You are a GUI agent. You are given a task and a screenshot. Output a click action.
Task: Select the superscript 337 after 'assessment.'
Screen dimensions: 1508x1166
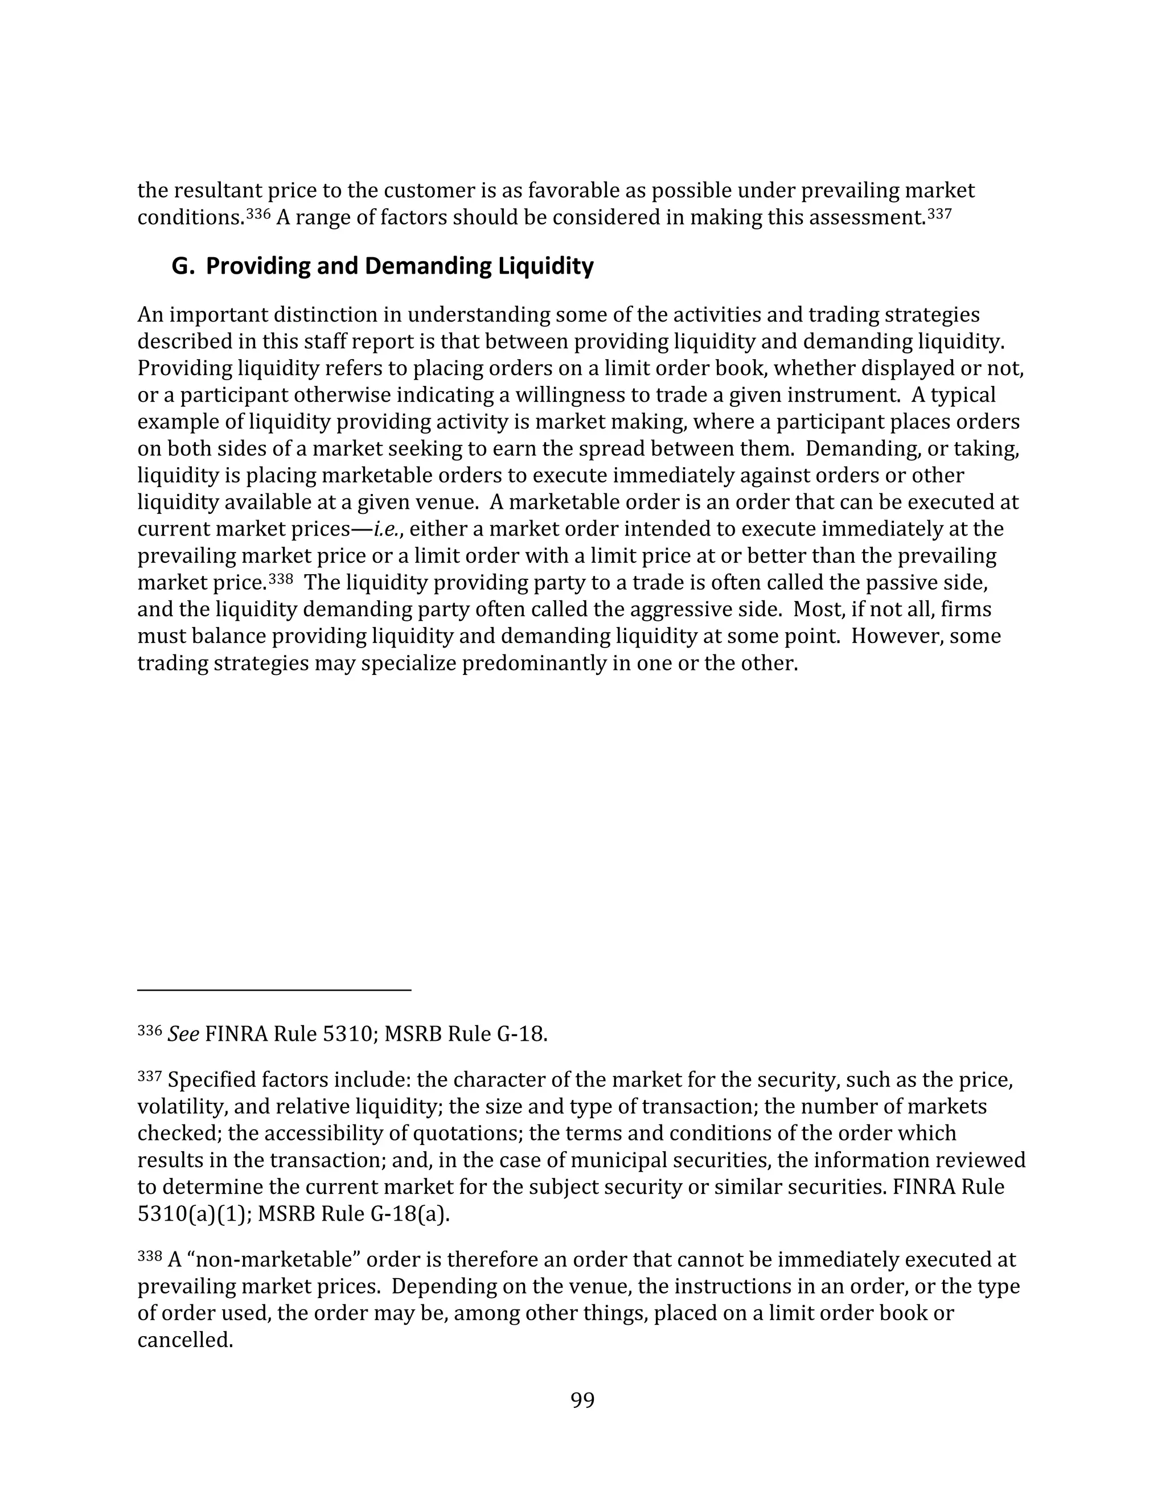coord(939,214)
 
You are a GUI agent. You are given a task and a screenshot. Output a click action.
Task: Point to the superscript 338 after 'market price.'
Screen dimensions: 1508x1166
coord(281,579)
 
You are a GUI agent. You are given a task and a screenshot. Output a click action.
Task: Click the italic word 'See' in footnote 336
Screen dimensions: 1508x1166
coord(183,1035)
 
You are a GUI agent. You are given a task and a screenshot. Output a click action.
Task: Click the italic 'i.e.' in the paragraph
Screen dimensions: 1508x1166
coord(386,529)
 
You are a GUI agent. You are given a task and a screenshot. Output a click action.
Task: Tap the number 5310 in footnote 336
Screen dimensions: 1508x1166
coord(348,1035)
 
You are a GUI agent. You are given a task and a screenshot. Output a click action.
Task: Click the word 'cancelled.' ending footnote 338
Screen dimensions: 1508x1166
coord(185,1340)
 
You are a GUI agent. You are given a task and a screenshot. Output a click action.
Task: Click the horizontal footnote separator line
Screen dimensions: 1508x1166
coord(274,990)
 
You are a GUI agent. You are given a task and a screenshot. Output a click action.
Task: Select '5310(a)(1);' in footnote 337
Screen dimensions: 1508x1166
coord(195,1214)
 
